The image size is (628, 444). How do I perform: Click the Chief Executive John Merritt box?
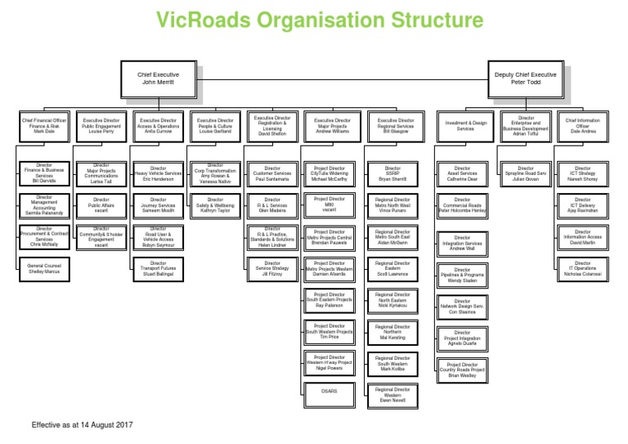[x=159, y=78]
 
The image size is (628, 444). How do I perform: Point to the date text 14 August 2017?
[x=104, y=425]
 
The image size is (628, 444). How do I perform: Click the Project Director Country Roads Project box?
[x=463, y=370]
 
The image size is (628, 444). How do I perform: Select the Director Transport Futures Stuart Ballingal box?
[x=158, y=267]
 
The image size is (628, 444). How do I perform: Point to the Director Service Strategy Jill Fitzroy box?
[x=272, y=267]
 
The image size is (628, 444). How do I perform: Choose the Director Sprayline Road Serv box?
[x=526, y=173]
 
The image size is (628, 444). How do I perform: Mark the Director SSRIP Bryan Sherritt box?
[x=392, y=173]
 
